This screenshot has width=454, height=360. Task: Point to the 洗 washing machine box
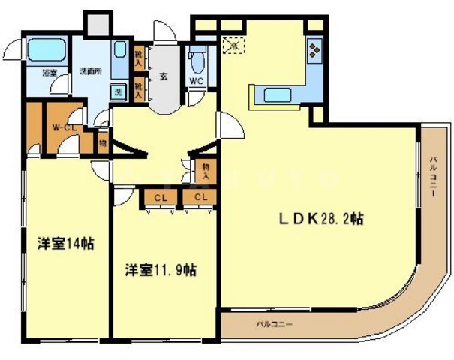119,92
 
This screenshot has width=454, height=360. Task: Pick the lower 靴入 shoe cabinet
139,88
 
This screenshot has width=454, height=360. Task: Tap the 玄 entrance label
163,76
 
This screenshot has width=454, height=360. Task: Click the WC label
197,81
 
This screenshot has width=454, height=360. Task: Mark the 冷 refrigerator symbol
233,45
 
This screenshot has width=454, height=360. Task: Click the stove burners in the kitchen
314,53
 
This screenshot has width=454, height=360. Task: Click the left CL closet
160,197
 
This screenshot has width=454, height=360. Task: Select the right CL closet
199,197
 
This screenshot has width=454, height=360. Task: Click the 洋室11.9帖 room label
161,268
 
